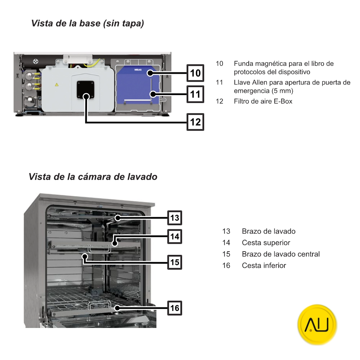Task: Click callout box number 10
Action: coord(195,73)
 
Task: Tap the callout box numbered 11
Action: coord(195,94)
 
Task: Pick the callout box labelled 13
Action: coord(175,218)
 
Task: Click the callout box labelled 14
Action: coord(175,237)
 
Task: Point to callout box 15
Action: coord(175,262)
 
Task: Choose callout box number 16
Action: coord(175,308)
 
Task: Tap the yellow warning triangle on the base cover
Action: coord(56,85)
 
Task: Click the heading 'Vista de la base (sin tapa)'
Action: coord(88,24)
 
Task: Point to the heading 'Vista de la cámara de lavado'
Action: coord(93,177)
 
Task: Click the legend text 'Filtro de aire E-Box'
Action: coord(263,101)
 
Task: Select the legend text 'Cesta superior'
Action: coord(266,243)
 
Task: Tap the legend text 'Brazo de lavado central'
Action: coord(280,254)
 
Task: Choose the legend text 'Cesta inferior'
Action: coord(264,266)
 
